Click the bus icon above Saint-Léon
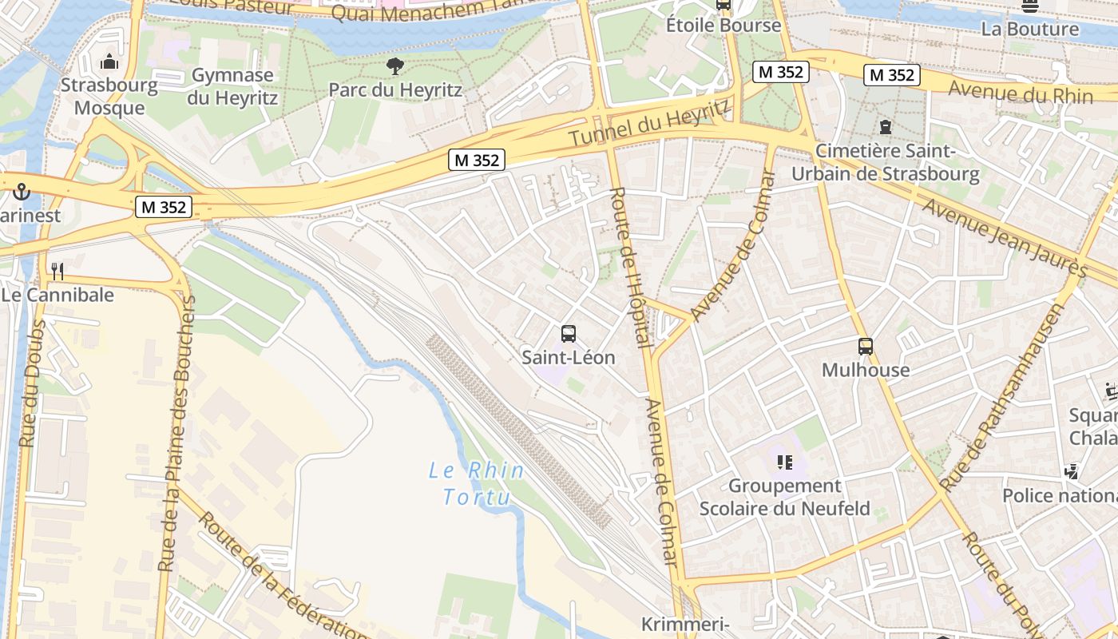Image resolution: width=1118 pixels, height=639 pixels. (x=569, y=334)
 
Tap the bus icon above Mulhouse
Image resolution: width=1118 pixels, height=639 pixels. (x=866, y=347)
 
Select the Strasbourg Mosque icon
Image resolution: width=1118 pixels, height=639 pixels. (x=109, y=62)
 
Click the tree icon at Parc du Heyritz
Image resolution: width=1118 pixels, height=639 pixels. (x=394, y=66)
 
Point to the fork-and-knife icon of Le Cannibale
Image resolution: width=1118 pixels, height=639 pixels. (x=57, y=272)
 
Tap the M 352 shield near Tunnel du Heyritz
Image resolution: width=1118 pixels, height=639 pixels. (x=477, y=160)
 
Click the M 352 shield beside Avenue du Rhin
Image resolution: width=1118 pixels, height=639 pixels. (x=891, y=75)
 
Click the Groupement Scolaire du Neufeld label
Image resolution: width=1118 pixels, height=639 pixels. (x=784, y=497)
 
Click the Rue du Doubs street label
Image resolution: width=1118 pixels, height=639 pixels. (x=32, y=383)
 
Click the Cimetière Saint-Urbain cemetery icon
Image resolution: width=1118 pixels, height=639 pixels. (x=885, y=127)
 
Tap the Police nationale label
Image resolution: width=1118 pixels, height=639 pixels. (x=1059, y=496)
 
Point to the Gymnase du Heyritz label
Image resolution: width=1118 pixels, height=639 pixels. (x=234, y=86)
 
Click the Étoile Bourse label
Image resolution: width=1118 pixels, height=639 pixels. (x=724, y=25)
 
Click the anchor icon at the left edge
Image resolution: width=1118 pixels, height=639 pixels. (x=22, y=192)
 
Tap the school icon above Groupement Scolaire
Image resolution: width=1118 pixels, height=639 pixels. (x=784, y=462)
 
